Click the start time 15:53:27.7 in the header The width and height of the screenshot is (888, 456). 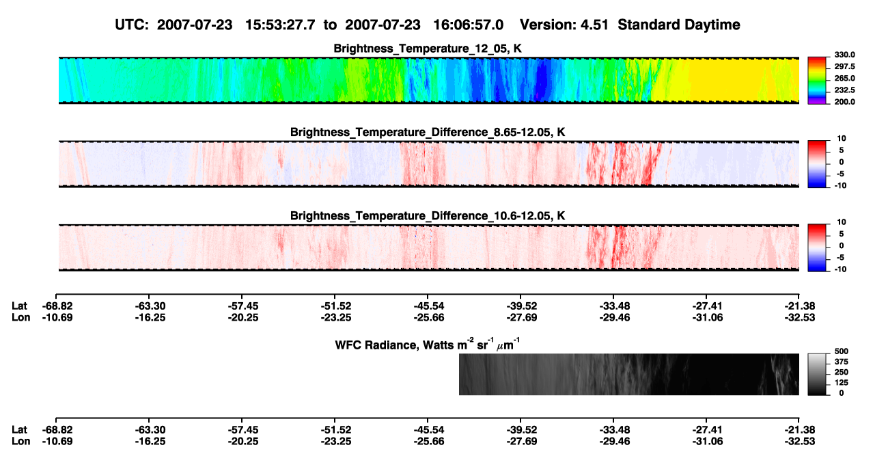[280, 25]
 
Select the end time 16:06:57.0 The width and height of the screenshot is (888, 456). [468, 25]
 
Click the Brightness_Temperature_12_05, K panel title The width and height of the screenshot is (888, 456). [428, 49]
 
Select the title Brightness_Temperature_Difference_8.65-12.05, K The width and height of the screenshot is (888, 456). [428, 132]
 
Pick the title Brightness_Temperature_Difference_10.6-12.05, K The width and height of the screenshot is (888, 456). [428, 216]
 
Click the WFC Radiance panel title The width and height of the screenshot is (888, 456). [428, 344]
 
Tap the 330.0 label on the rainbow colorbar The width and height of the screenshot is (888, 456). [844, 55]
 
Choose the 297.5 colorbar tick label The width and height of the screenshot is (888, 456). [844, 66]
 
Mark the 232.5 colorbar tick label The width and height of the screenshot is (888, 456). [844, 90]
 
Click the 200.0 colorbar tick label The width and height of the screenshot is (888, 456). [844, 102]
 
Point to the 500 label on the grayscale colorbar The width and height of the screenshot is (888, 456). [842, 351]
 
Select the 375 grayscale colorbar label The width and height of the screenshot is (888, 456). [842, 362]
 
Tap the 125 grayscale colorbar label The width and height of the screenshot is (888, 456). [842, 383]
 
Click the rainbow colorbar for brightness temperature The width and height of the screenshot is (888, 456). [817, 81]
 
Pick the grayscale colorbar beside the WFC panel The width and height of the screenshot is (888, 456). [817, 374]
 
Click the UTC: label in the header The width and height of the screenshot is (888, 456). [132, 25]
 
